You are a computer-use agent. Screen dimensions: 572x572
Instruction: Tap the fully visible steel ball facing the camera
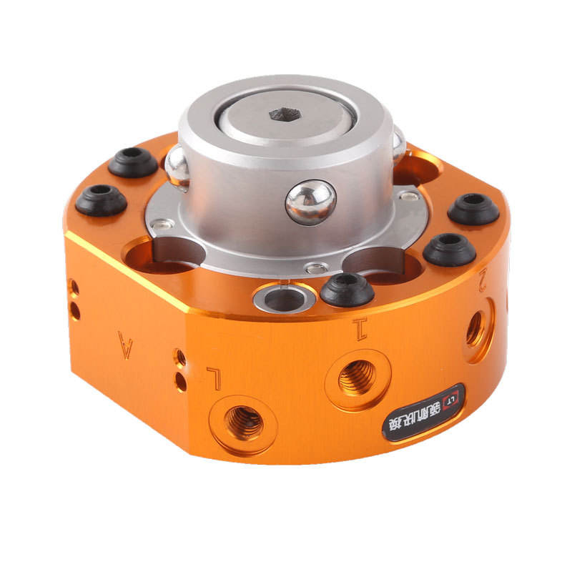tap(310, 202)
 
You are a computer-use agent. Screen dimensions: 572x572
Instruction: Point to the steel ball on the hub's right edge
tap(398, 145)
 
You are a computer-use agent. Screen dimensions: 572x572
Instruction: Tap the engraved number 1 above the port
tap(360, 330)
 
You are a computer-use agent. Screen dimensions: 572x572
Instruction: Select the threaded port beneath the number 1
tap(356, 377)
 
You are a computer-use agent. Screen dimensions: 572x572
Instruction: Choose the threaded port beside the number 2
tap(475, 329)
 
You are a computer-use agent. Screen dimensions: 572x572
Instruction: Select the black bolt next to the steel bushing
tap(347, 290)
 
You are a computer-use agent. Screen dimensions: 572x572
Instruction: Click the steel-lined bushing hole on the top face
tap(285, 298)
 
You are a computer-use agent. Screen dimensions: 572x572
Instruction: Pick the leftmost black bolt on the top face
tap(101, 199)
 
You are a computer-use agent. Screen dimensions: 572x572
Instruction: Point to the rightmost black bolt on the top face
tap(473, 209)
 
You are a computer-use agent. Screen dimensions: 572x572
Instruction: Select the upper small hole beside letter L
tap(180, 357)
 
